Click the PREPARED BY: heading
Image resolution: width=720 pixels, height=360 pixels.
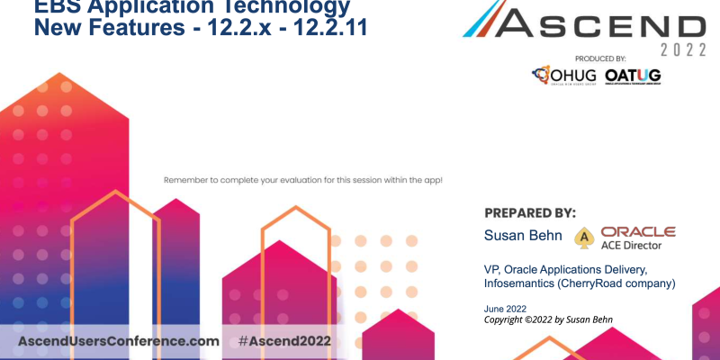click(x=530, y=213)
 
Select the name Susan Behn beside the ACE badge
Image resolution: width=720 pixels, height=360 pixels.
click(x=523, y=236)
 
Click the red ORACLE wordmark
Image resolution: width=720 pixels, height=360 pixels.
click(x=638, y=231)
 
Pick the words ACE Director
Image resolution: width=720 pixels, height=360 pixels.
click(x=637, y=245)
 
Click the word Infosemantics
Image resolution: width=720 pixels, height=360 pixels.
click(x=522, y=284)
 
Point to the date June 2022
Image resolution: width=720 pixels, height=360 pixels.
click(x=506, y=310)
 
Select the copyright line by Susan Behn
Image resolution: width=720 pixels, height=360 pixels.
click(x=553, y=320)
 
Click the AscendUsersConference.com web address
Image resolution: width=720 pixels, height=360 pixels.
click(x=119, y=342)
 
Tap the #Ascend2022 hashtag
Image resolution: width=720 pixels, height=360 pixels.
click(x=284, y=342)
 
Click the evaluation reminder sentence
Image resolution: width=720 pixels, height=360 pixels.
click(x=302, y=180)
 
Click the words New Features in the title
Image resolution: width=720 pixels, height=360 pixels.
click(x=98, y=27)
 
